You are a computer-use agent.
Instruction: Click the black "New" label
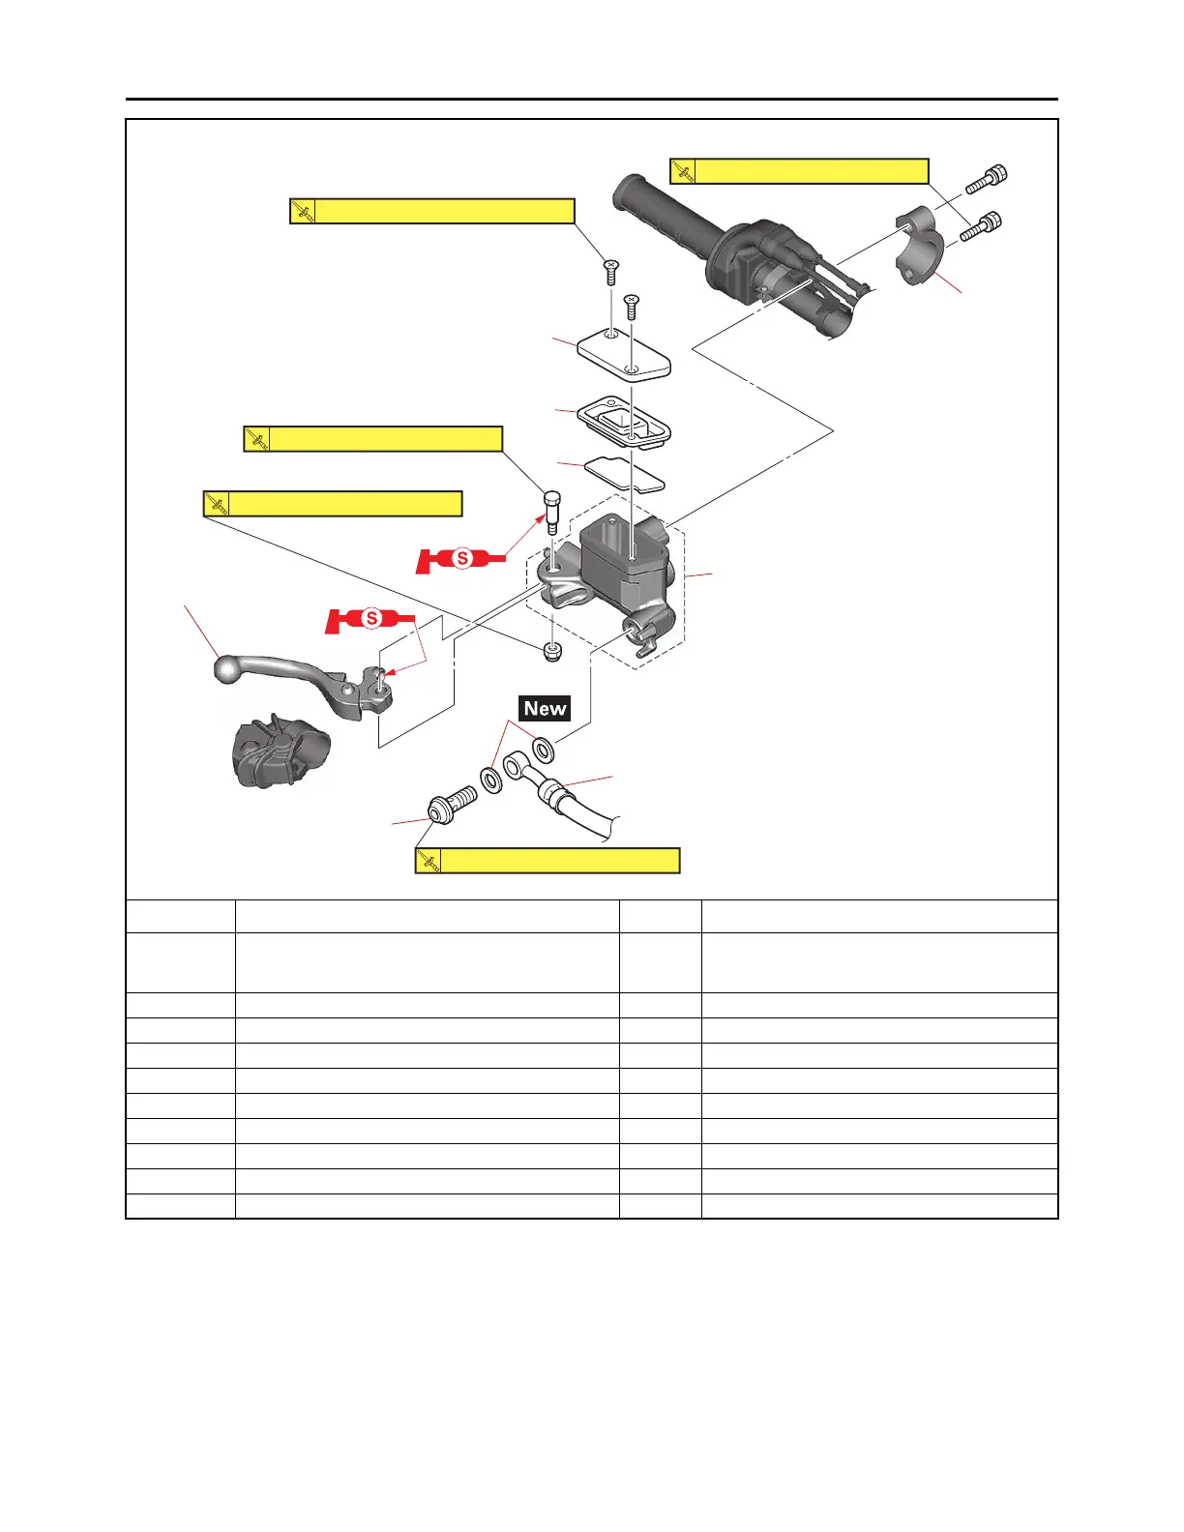pyautogui.click(x=545, y=708)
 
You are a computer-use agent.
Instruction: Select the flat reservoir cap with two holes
pyautogui.click(x=624, y=355)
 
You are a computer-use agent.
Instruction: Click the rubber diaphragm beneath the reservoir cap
pyautogui.click(x=624, y=424)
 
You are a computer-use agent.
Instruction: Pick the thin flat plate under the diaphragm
pyautogui.click(x=625, y=473)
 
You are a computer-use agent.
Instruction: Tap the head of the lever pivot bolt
pyautogui.click(x=552, y=500)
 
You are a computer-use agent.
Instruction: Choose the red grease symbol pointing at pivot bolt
pyautogui.click(x=461, y=559)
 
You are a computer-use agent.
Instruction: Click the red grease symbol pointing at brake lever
pyautogui.click(x=370, y=619)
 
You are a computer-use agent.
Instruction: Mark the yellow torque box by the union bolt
pyautogui.click(x=548, y=861)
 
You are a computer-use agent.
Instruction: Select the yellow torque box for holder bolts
pyautogui.click(x=799, y=171)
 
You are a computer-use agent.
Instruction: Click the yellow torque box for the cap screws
pyautogui.click(x=432, y=211)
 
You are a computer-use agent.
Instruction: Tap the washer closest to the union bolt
pyautogui.click(x=491, y=780)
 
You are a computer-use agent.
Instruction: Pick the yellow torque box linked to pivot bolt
pyautogui.click(x=373, y=439)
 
